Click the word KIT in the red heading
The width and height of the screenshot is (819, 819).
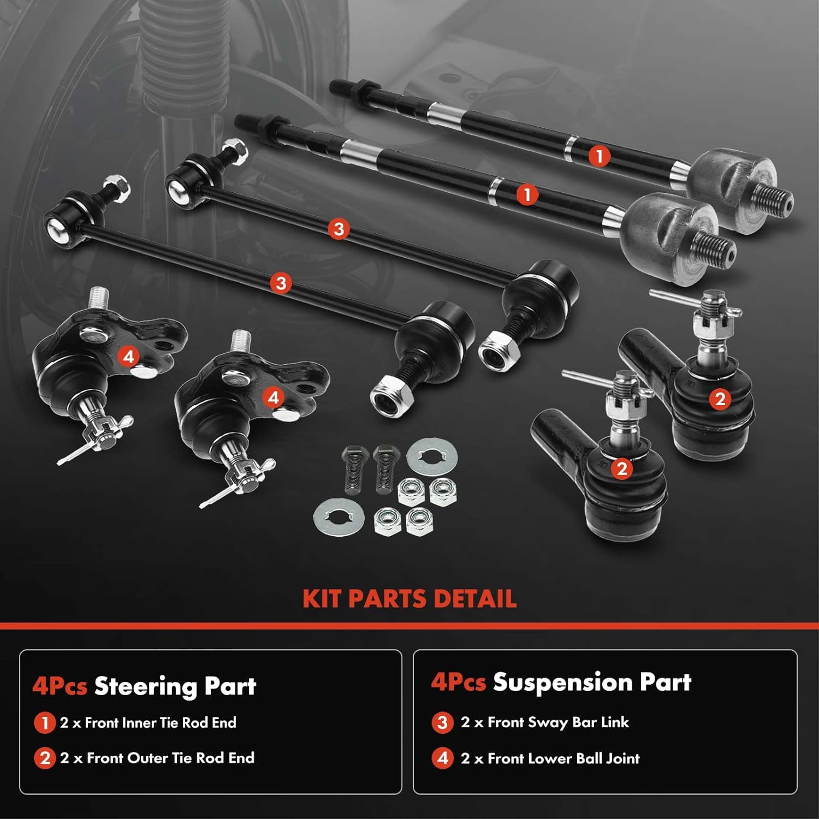322,598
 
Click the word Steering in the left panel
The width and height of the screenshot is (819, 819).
145,687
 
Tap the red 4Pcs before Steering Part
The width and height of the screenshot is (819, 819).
60,686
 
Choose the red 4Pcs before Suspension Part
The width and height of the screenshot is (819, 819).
458,682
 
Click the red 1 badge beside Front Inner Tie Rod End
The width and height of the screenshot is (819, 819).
44,723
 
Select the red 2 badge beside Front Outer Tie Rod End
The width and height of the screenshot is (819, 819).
44,758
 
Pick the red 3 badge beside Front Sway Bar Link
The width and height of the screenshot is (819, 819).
442,722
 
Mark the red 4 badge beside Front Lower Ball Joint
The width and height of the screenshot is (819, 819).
442,758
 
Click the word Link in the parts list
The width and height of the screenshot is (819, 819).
615,722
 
